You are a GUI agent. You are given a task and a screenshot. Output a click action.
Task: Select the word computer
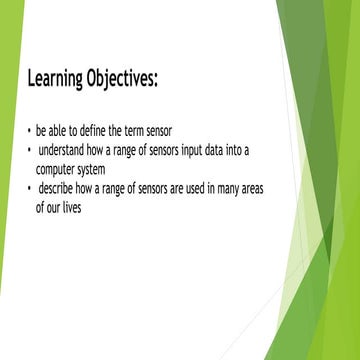pyautogui.click(x=58, y=169)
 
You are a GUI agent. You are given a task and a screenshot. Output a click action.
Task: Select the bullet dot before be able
pyautogui.click(x=29, y=131)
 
